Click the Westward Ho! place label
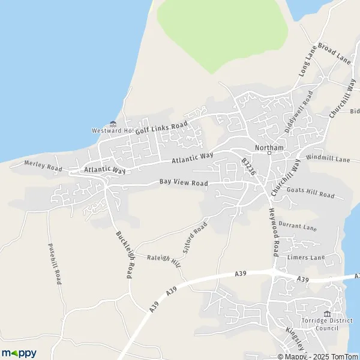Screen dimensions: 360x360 pos(112,130)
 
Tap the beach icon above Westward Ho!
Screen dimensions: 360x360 pos(112,123)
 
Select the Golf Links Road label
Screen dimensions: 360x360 pos(161,127)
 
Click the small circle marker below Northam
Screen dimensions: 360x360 pos(269,153)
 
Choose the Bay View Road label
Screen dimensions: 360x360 pos(184,182)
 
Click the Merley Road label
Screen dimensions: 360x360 pos(43,166)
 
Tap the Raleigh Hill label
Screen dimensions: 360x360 pos(163,260)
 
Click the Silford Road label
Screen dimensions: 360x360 pos(194,237)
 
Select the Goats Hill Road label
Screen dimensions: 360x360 pos(310,193)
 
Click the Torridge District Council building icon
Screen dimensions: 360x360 pos(327,314)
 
